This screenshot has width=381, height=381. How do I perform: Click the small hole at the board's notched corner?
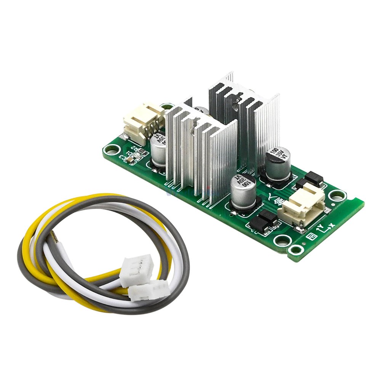[295, 250]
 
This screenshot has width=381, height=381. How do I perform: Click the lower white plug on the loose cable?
[149, 291]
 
